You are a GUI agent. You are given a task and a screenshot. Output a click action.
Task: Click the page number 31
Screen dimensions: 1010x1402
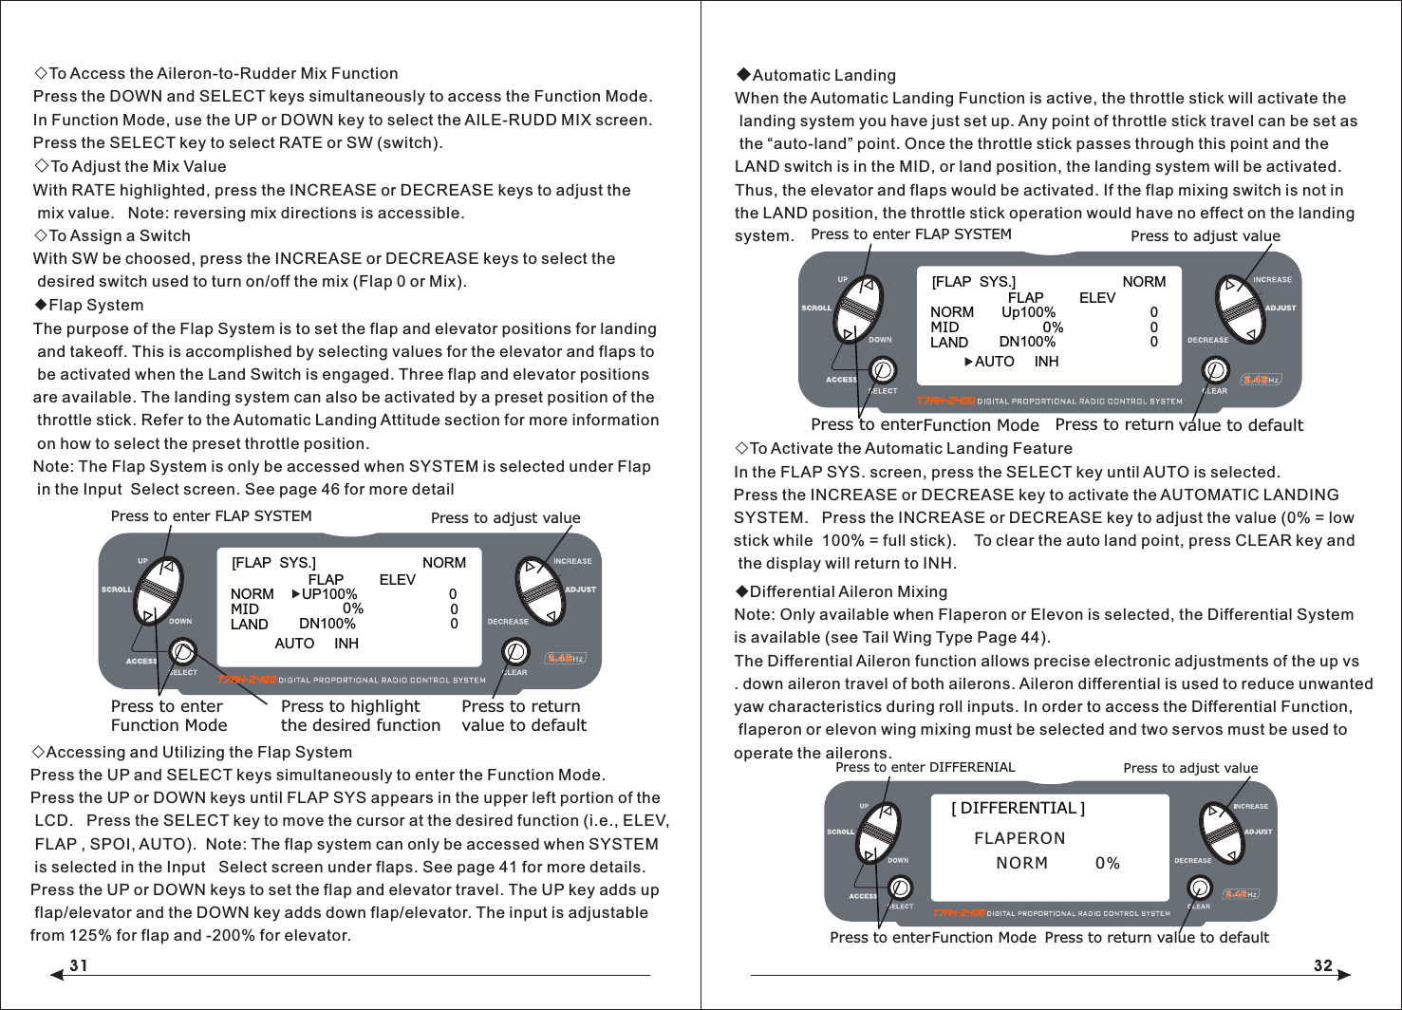pyautogui.click(x=79, y=965)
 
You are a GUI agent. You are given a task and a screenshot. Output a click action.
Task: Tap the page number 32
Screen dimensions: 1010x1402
pyautogui.click(x=1323, y=965)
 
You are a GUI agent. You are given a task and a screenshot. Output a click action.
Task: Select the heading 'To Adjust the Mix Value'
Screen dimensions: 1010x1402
pyautogui.click(x=137, y=166)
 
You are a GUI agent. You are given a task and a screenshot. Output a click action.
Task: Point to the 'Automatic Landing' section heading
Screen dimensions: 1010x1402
pyautogui.click(x=822, y=75)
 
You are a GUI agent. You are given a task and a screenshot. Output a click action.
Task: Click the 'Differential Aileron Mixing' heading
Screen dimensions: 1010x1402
pyautogui.click(x=848, y=591)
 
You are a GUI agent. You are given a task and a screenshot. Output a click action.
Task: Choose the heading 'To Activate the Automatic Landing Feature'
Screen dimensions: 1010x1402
pyautogui.click(x=909, y=448)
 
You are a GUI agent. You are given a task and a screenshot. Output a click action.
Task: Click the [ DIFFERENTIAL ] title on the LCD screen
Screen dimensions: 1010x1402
pyautogui.click(x=1018, y=808)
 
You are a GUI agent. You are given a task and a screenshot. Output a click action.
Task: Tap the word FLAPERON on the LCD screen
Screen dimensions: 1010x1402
pyautogui.click(x=1019, y=838)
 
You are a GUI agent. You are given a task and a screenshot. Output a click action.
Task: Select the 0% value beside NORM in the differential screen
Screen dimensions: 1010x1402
pyautogui.click(x=1107, y=863)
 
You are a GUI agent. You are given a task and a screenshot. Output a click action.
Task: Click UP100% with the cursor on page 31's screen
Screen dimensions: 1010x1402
pyautogui.click(x=328, y=594)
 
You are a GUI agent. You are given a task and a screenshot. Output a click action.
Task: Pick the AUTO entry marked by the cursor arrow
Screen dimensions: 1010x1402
pyautogui.click(x=993, y=362)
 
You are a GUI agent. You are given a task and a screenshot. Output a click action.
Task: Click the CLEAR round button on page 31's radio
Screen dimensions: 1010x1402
pyautogui.click(x=514, y=651)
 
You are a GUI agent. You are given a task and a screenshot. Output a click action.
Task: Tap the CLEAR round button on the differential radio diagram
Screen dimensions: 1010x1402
pyautogui.click(x=1200, y=888)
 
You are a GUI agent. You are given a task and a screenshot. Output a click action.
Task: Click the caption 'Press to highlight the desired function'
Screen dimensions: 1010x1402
pyautogui.click(x=360, y=716)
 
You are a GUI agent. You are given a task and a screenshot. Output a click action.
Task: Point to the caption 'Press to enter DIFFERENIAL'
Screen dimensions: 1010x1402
pyautogui.click(x=925, y=767)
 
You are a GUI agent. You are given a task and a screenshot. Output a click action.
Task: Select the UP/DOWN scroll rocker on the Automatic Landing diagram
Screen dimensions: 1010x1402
pyautogui.click(x=858, y=309)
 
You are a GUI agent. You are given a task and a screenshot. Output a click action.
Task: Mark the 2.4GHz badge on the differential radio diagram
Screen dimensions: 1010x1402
pyautogui.click(x=1240, y=894)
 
